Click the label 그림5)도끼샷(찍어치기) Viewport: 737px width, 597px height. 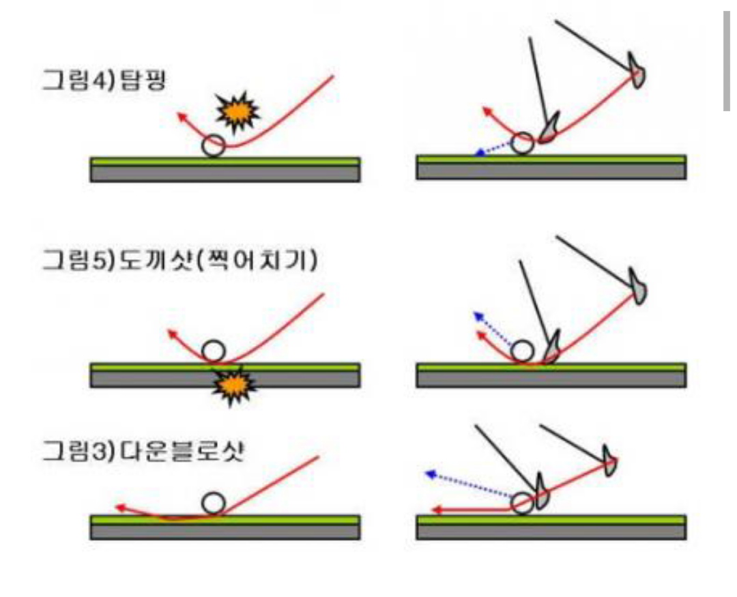pos(179,261)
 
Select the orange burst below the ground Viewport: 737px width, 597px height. pos(234,388)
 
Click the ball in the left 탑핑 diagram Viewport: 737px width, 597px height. pos(214,145)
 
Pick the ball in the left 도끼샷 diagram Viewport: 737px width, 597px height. pos(214,351)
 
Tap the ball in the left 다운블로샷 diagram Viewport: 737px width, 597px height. pos(214,504)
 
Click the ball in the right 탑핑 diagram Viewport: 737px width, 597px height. pos(523,143)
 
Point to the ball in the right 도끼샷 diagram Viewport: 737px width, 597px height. pos(523,351)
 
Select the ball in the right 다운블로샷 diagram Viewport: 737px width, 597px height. pos(523,504)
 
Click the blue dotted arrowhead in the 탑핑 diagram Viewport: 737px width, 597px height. pos(479,154)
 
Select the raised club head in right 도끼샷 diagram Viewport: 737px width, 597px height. pos(639,289)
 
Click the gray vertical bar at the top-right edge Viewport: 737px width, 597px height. pos(727,61)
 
